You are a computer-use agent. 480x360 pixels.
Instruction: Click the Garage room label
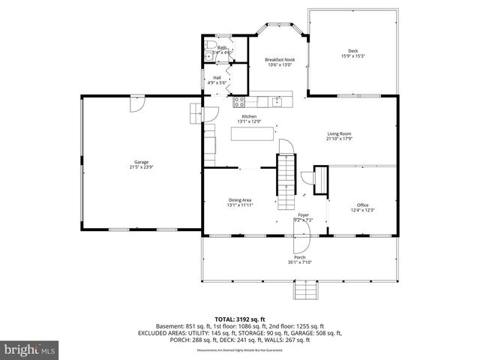pyautogui.click(x=141, y=162)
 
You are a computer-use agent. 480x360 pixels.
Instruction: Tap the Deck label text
pyautogui.click(x=352, y=51)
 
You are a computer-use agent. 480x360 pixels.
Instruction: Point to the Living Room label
pyautogui.click(x=339, y=134)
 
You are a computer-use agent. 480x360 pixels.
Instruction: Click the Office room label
pyautogui.click(x=363, y=205)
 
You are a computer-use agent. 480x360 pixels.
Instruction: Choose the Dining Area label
pyautogui.click(x=240, y=199)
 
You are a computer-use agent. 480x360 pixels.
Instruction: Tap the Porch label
pyautogui.click(x=299, y=258)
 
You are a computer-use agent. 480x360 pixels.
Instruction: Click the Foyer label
pyautogui.click(x=303, y=215)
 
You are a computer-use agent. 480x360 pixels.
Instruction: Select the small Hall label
pyautogui.click(x=217, y=77)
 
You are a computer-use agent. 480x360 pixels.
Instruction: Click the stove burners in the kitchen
pyautogui.click(x=240, y=101)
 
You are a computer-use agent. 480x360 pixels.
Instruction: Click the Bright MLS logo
pyautogui.click(x=30, y=349)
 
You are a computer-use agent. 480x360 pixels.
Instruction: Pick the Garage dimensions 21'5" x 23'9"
pyautogui.click(x=141, y=166)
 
